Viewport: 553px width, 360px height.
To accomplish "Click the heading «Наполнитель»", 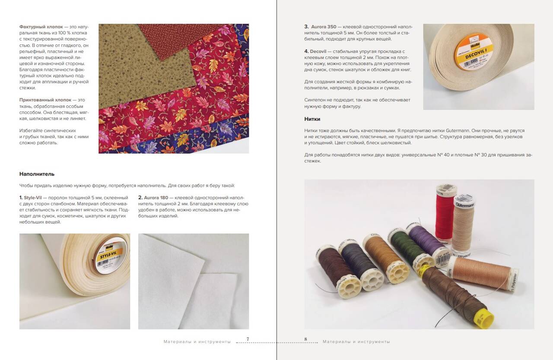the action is click(37, 174).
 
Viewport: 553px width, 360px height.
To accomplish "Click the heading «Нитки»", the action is click(312, 119).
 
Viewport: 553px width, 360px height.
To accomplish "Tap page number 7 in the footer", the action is click(248, 339).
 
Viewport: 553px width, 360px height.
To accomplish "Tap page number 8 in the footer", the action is click(305, 339).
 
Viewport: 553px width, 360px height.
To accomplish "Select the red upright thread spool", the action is click(445, 215).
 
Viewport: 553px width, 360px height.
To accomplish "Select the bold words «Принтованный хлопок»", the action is click(45, 100).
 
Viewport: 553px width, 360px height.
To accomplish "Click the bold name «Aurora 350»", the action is click(324, 27).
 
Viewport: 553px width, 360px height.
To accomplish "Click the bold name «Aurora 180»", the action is click(156, 198).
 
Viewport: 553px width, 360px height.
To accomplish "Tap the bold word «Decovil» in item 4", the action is click(318, 51).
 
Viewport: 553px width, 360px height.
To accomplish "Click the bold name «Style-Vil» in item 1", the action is click(33, 198).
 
